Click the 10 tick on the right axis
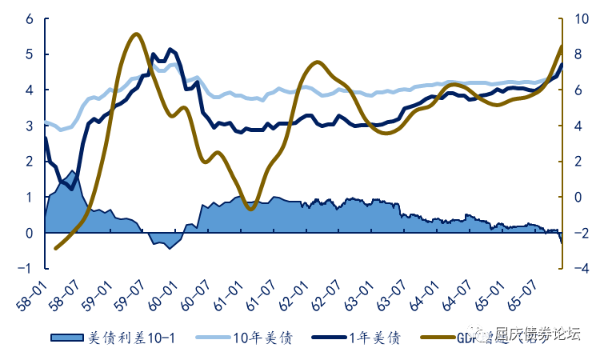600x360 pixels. tap(579, 19)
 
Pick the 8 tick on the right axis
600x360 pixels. tap(577, 54)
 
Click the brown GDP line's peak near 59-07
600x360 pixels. tap(135, 34)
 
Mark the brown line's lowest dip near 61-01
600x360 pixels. tap(250, 209)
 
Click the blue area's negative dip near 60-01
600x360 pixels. tap(169, 248)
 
